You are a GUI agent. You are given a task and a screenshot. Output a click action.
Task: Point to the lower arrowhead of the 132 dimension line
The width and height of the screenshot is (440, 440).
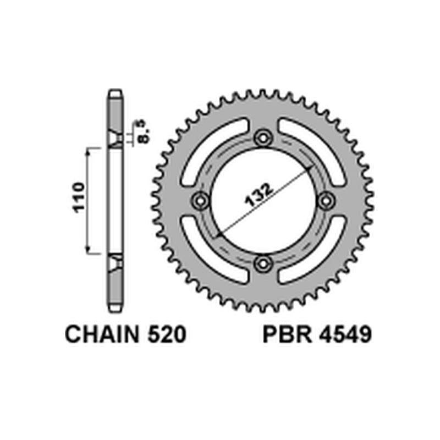[x=218, y=234]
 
